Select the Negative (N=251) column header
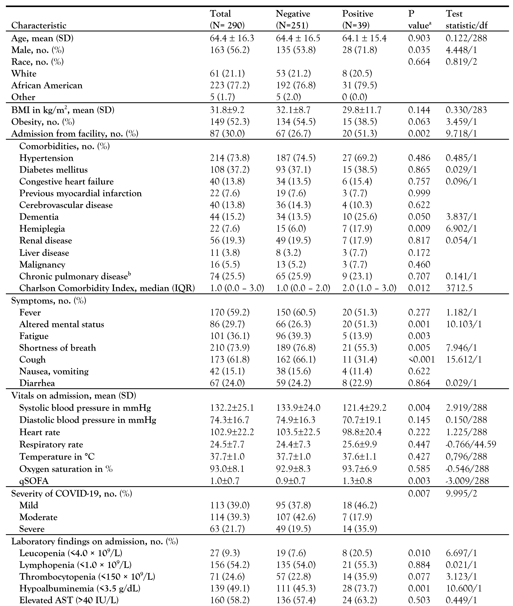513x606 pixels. tap(293, 20)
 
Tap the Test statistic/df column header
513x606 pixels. tap(466, 20)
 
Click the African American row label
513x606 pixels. tap(47, 85)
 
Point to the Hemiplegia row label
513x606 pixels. tap(42, 228)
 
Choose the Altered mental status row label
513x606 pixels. tap(62, 324)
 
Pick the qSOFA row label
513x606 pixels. tap(34, 481)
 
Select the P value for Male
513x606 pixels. tap(419, 50)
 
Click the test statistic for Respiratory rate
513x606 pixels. tap(471, 444)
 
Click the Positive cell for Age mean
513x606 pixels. tap(364, 38)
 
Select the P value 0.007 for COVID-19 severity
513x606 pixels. tap(419, 493)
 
